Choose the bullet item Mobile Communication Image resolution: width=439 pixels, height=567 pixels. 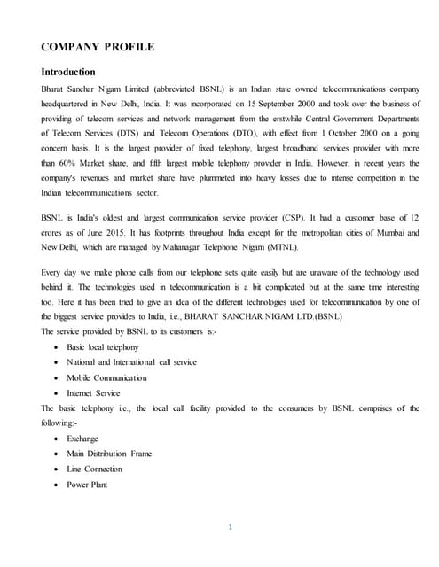pos(106,377)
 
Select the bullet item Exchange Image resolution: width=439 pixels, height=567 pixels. pos(82,439)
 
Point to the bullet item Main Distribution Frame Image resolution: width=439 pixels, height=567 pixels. pos(109,454)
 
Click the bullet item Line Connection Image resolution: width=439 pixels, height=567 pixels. pos(95,469)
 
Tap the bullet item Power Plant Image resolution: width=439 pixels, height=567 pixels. pos(87,484)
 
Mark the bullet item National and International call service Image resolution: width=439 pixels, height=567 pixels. pos(131,362)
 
